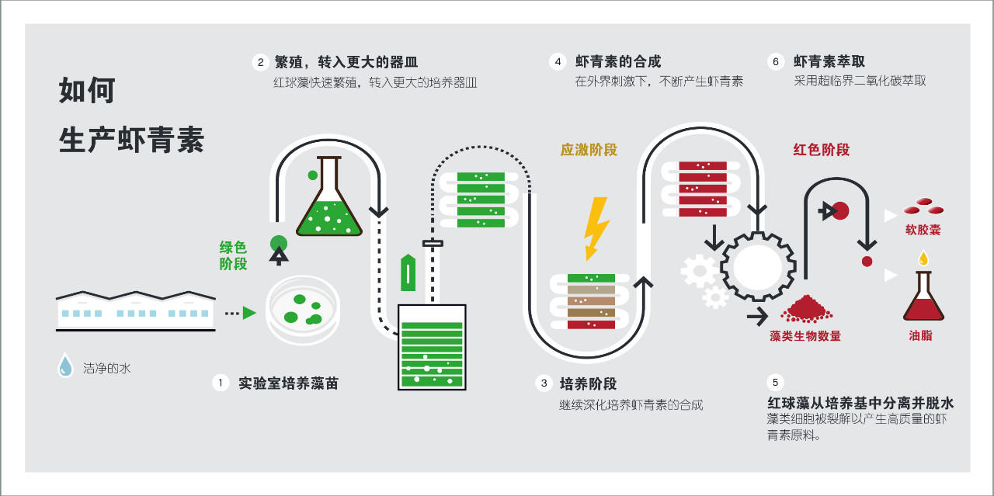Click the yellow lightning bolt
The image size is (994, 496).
click(x=596, y=227)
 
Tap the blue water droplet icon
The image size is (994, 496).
click(x=66, y=366)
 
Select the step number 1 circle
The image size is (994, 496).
click(x=221, y=383)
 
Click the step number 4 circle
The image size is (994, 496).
click(x=557, y=62)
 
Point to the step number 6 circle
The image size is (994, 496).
click(x=775, y=62)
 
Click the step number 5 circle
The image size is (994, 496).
click(x=775, y=383)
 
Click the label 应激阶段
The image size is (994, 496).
click(x=589, y=150)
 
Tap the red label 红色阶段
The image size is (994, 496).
click(x=821, y=150)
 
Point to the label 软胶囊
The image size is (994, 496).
click(x=923, y=231)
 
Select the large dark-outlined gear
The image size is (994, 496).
click(x=756, y=267)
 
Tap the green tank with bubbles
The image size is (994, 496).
click(x=432, y=346)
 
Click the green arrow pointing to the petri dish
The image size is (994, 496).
click(x=248, y=313)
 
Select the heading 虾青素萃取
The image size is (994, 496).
click(x=829, y=62)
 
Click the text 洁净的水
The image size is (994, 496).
click(x=107, y=368)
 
